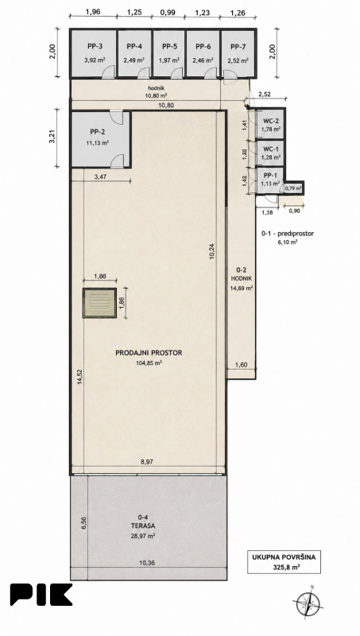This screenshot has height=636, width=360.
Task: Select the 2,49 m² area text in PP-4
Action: [x=134, y=60]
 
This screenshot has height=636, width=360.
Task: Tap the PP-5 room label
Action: [x=169, y=47]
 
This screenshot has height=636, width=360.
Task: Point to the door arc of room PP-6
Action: [x=211, y=72]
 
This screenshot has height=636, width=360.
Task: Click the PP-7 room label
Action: [x=238, y=47]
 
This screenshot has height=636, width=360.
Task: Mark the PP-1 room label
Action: [x=271, y=175]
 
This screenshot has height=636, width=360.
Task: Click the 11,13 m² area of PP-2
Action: [x=98, y=142]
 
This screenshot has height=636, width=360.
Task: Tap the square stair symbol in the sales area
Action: [x=99, y=303]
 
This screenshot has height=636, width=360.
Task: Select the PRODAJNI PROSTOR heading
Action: [x=149, y=353]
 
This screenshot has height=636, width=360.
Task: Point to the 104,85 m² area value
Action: [x=149, y=363]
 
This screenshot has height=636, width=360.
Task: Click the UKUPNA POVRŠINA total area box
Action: [x=284, y=562]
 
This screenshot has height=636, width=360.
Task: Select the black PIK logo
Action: [x=41, y=595]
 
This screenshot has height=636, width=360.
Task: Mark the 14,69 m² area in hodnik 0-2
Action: [x=242, y=289]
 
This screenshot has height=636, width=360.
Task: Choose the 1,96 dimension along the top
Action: [x=93, y=12]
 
